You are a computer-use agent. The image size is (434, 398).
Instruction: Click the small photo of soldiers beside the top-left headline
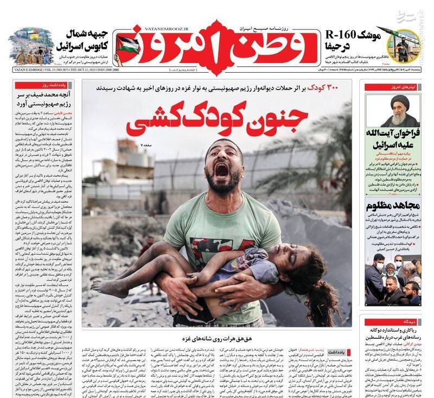32,47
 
